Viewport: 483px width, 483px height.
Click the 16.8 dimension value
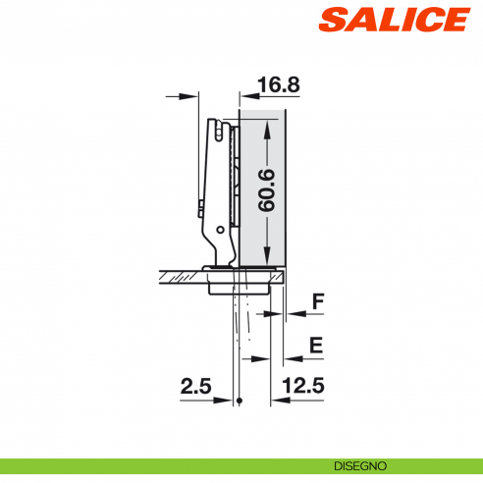click(x=278, y=84)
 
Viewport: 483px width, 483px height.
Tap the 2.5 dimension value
click(x=196, y=387)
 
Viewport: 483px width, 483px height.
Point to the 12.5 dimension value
click(x=303, y=387)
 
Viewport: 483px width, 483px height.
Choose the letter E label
click(x=315, y=345)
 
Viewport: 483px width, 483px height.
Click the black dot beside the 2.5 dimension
click(x=241, y=401)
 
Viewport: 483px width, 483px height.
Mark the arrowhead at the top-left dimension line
click(x=194, y=96)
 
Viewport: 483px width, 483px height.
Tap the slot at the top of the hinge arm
click(x=216, y=129)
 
